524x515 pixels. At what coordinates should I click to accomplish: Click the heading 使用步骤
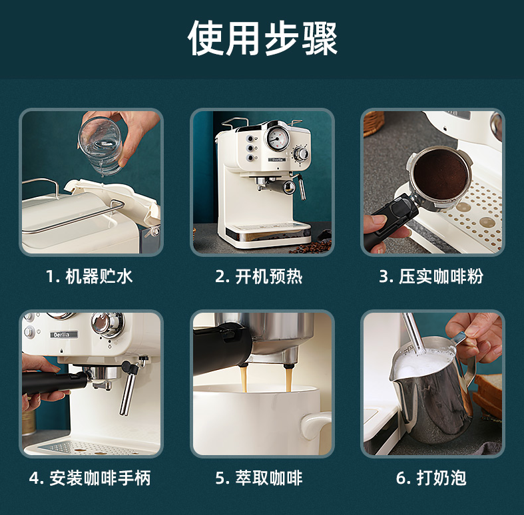[262, 38]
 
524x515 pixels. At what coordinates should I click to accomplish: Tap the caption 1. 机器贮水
[89, 277]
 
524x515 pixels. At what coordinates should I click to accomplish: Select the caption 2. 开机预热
[258, 277]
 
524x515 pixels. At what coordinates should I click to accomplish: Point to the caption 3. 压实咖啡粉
[431, 277]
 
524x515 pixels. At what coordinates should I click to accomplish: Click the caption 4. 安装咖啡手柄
[90, 478]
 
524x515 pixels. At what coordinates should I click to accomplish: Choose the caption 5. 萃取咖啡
[259, 478]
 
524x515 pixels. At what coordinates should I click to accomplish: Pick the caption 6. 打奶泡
[431, 478]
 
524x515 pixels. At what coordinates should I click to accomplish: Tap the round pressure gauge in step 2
[277, 138]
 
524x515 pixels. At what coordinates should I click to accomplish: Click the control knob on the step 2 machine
[301, 154]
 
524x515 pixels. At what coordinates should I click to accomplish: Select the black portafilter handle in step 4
[53, 383]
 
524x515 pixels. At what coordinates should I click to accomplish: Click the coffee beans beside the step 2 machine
[312, 247]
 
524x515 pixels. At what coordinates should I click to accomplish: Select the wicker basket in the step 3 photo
[374, 123]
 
